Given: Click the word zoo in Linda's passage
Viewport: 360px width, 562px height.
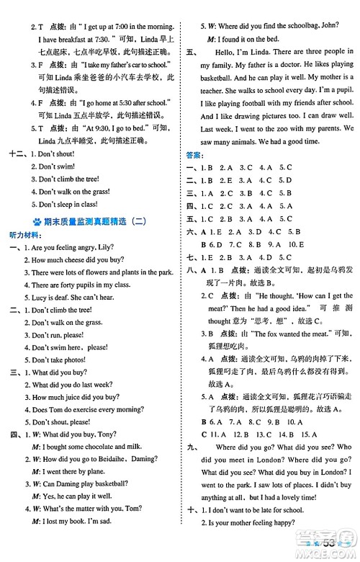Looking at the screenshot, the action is tap(283, 128).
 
